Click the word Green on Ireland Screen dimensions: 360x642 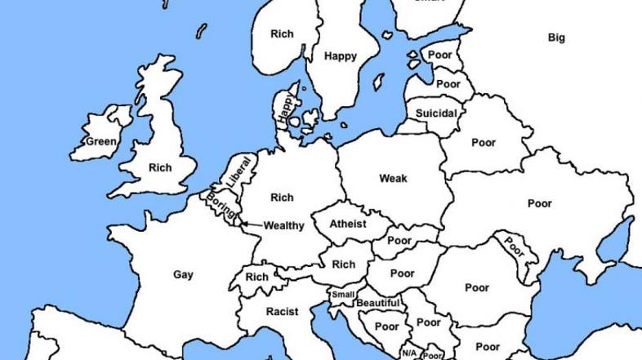(101, 141)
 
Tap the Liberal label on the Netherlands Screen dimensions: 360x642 (239, 173)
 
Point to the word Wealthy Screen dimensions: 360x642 (283, 225)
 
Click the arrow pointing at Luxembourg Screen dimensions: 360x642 (245, 224)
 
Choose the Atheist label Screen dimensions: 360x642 (348, 224)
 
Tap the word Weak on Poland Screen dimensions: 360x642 (393, 178)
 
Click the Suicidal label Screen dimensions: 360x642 (436, 113)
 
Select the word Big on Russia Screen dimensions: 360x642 (556, 38)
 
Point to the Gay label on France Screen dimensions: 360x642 (184, 274)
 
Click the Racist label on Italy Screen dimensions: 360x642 (282, 311)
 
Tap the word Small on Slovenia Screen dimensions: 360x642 (343, 295)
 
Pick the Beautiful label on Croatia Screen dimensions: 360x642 (377, 304)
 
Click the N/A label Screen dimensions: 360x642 (408, 353)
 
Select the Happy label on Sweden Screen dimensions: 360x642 (340, 56)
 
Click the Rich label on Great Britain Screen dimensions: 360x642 (160, 168)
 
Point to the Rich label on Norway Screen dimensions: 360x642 (282, 33)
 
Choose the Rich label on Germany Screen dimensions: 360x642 (282, 197)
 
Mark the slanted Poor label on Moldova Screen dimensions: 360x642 (513, 245)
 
